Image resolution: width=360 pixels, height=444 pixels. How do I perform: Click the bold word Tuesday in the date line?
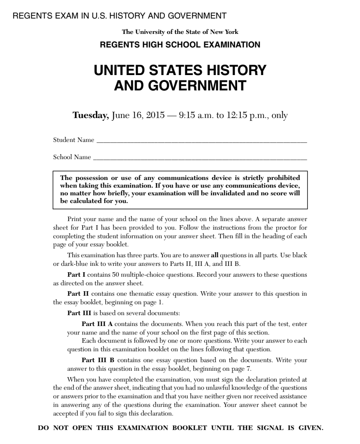click(x=90, y=115)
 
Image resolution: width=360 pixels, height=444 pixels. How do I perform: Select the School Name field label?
click(x=72, y=158)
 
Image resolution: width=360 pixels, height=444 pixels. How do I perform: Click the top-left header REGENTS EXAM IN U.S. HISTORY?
click(x=120, y=16)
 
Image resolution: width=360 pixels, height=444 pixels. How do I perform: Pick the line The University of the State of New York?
click(x=180, y=32)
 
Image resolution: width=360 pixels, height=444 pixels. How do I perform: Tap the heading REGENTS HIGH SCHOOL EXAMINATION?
click(x=180, y=45)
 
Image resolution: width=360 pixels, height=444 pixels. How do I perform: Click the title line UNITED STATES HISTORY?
click(x=180, y=71)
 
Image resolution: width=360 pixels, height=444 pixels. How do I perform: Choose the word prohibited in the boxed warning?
click(x=284, y=177)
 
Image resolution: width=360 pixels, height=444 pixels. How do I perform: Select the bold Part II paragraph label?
click(x=75, y=293)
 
